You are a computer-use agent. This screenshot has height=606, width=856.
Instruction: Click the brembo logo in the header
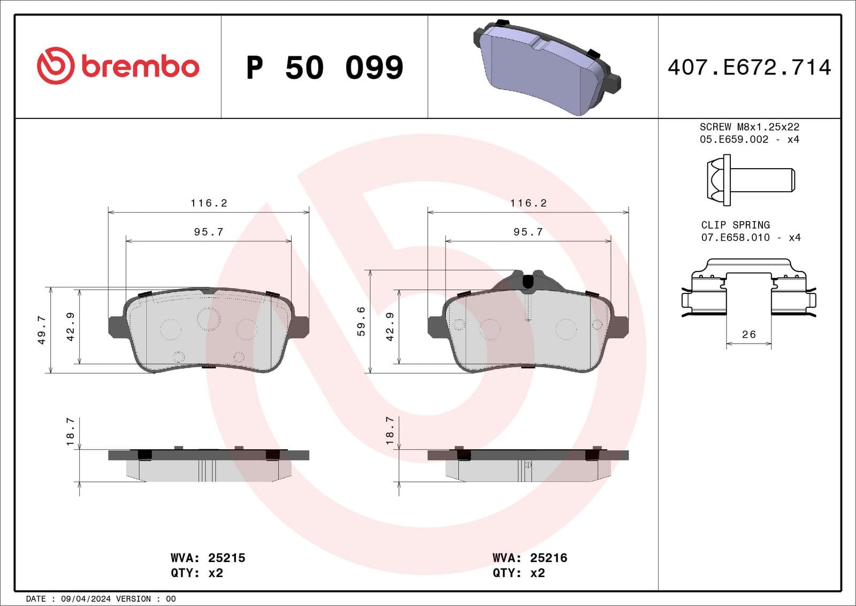click(x=118, y=66)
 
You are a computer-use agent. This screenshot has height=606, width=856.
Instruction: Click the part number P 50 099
click(x=324, y=67)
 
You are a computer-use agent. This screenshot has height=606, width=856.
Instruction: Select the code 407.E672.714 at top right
click(x=749, y=67)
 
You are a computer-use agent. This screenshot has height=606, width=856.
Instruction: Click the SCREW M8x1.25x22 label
click(x=749, y=127)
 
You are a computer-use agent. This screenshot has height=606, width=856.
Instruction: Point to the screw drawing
click(x=751, y=180)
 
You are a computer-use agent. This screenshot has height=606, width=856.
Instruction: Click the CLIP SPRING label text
click(x=735, y=225)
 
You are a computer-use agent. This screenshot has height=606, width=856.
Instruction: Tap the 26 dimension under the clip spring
click(x=749, y=335)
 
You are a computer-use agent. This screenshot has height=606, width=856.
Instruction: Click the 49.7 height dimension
click(x=42, y=330)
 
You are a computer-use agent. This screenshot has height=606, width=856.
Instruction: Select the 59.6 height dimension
click(x=361, y=321)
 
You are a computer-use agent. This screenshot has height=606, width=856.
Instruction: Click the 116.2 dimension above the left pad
click(x=209, y=203)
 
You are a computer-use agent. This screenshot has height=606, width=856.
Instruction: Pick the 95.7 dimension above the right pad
click(x=528, y=232)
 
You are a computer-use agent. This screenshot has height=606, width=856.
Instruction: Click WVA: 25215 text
click(x=208, y=558)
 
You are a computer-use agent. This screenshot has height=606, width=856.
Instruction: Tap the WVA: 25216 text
click(x=530, y=558)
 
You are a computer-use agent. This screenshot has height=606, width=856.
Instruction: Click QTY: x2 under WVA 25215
click(x=197, y=573)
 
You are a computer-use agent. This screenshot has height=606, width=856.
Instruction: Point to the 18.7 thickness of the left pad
click(x=70, y=431)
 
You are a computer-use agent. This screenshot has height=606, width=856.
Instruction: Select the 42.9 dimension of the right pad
click(x=390, y=327)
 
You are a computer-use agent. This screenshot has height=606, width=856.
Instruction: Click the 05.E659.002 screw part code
click(x=734, y=139)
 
